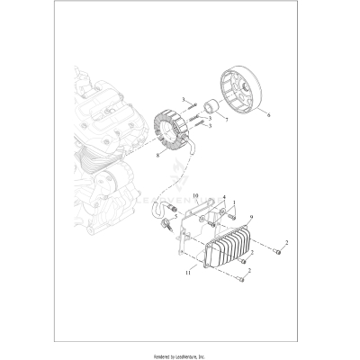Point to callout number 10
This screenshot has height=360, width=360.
coord(194,193)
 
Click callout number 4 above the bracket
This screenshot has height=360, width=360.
coord(224,197)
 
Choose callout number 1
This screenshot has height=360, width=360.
coord(235,203)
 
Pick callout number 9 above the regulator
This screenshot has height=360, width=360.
coord(238,217)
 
